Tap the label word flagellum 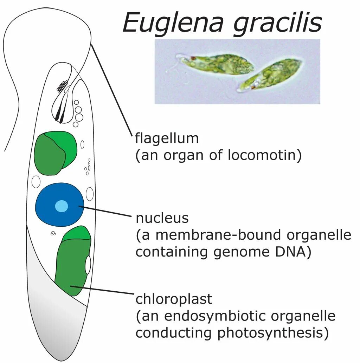(167, 138)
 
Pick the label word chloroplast (174, 299)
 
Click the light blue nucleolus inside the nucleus (62, 206)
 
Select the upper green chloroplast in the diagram (55, 153)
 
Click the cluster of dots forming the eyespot (62, 85)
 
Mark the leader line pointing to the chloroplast (102, 290)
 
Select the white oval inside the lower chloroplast (88, 265)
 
